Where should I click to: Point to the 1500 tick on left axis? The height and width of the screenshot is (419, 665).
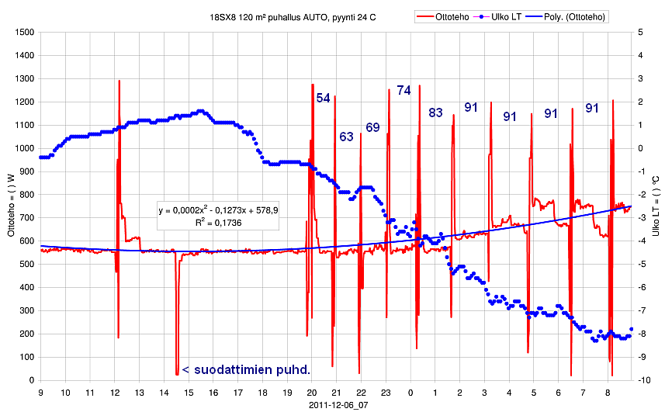(24, 33)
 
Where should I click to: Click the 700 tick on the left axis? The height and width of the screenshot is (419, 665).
(26, 218)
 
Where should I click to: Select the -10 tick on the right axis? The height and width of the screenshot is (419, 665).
(641, 380)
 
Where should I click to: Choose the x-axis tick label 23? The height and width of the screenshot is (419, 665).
(386, 393)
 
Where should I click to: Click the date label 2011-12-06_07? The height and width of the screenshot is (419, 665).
(338, 404)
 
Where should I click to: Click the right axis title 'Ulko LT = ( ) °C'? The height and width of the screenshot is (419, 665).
(656, 206)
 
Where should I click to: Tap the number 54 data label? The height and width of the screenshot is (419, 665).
(323, 99)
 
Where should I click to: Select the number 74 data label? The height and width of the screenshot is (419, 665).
(404, 91)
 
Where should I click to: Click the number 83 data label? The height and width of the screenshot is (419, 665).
(435, 113)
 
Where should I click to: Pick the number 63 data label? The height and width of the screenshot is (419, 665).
(346, 137)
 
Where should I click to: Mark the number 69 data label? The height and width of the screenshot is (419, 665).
(372, 127)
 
